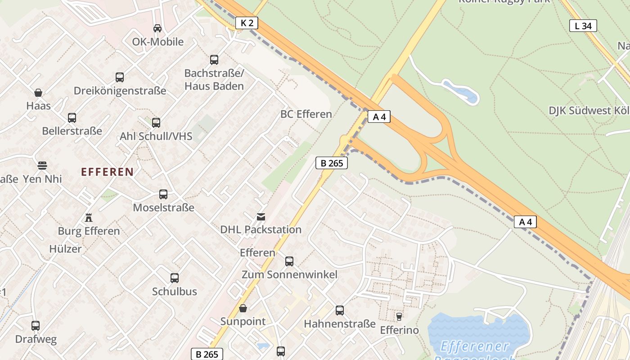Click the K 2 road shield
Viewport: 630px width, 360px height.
click(x=247, y=23)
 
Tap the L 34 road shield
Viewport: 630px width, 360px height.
click(x=583, y=26)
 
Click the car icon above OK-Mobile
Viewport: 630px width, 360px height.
click(x=157, y=28)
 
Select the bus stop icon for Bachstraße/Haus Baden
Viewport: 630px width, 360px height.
click(x=214, y=59)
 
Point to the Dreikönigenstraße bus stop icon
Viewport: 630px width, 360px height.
click(x=120, y=77)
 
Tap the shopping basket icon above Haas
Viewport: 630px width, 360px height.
click(x=38, y=93)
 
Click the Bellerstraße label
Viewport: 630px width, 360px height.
click(x=72, y=131)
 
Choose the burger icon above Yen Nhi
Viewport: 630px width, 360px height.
click(x=42, y=166)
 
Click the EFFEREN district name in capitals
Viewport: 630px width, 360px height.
click(x=107, y=171)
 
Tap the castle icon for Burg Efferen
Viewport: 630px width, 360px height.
click(x=89, y=218)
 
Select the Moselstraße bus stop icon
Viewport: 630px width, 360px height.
click(x=163, y=194)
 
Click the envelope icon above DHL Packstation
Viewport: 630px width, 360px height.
click(x=261, y=217)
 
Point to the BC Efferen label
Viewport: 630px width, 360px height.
click(x=306, y=114)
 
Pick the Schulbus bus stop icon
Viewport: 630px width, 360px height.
click(x=175, y=278)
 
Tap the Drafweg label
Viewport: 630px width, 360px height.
click(x=36, y=339)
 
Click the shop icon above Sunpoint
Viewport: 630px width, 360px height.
click(x=243, y=308)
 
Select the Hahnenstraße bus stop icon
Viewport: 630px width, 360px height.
click(x=340, y=310)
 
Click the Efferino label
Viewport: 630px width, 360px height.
click(x=399, y=330)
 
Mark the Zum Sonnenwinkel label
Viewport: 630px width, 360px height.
click(x=289, y=274)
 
